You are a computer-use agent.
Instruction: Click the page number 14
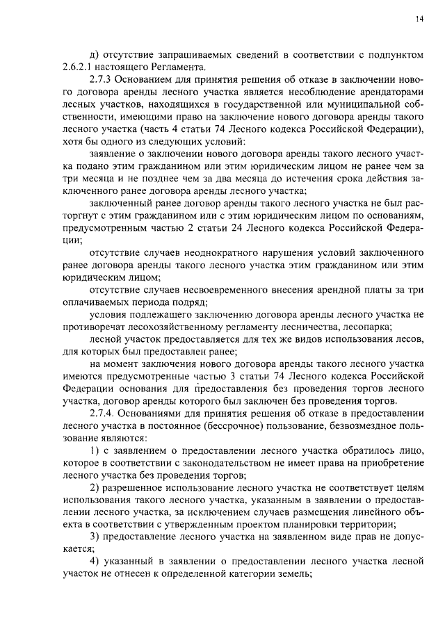point(419,19)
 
